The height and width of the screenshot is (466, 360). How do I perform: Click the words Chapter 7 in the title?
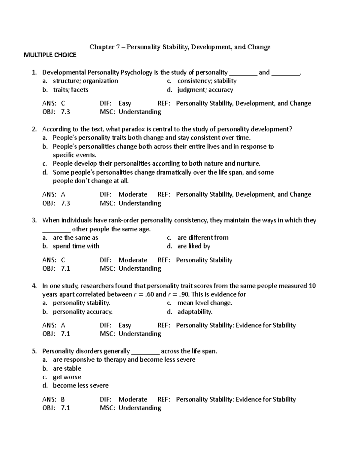click(x=102, y=47)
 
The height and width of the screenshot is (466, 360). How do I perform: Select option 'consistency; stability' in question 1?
click(x=207, y=81)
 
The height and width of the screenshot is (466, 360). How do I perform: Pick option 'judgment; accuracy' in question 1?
click(x=205, y=90)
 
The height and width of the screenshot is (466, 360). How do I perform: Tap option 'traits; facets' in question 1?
click(x=70, y=90)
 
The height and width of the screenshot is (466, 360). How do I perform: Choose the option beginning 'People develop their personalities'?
click(x=156, y=164)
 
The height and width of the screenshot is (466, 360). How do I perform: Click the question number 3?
click(x=34, y=221)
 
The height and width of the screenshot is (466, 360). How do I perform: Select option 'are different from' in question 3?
click(x=203, y=238)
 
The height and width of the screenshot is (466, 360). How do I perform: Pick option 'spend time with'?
click(x=76, y=246)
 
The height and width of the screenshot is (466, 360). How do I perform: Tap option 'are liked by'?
click(x=193, y=246)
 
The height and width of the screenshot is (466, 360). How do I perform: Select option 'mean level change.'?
click(x=205, y=303)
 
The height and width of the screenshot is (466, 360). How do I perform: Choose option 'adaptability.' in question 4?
click(x=195, y=312)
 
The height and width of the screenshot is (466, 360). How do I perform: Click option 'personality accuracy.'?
click(x=82, y=312)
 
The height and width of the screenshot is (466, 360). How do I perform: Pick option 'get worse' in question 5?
click(x=67, y=377)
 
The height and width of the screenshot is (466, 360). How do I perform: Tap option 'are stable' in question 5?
click(x=67, y=368)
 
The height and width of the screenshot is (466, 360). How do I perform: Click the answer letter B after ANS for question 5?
click(x=63, y=400)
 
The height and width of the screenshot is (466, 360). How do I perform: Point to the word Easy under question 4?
click(x=125, y=326)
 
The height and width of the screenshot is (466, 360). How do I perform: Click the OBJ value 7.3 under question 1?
click(x=65, y=112)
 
